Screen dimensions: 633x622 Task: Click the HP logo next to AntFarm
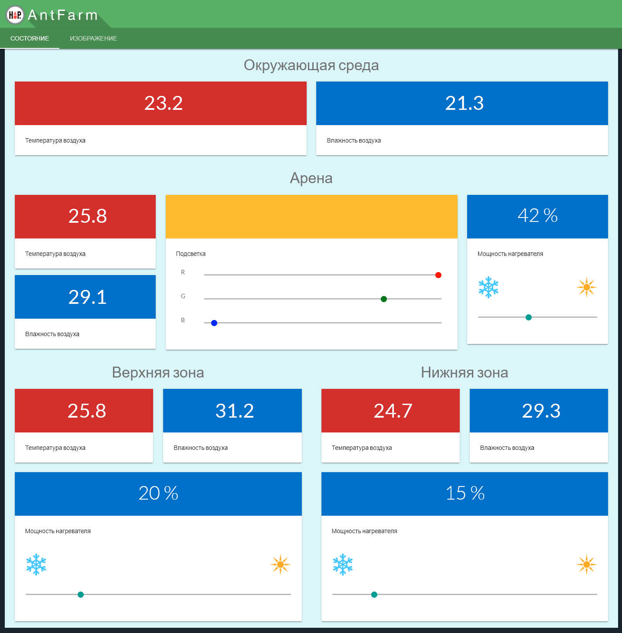click(x=15, y=15)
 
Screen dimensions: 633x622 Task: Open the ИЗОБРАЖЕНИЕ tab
click(x=93, y=38)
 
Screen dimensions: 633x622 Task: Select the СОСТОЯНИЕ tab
click(x=30, y=38)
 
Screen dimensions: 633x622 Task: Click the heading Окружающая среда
click(x=311, y=65)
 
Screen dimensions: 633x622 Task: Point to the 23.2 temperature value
click(x=164, y=103)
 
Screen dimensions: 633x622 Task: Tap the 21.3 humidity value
click(x=464, y=103)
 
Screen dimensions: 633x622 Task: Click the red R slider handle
click(x=438, y=275)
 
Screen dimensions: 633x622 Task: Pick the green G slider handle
click(x=384, y=299)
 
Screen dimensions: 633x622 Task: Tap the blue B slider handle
click(x=214, y=323)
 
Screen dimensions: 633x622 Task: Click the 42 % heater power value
click(x=537, y=216)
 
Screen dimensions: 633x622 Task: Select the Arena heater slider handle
click(x=529, y=317)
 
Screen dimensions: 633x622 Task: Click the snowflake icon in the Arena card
click(x=489, y=287)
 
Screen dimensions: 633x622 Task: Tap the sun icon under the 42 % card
click(x=586, y=287)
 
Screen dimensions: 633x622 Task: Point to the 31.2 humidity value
click(x=235, y=411)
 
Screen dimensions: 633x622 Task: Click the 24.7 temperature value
click(x=393, y=411)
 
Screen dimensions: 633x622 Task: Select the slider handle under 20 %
click(x=81, y=595)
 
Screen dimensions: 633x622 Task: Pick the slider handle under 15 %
click(x=374, y=595)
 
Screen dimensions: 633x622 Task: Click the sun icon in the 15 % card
click(x=586, y=565)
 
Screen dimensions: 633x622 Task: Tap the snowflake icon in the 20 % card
click(x=36, y=565)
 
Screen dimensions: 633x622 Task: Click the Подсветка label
click(x=191, y=254)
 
